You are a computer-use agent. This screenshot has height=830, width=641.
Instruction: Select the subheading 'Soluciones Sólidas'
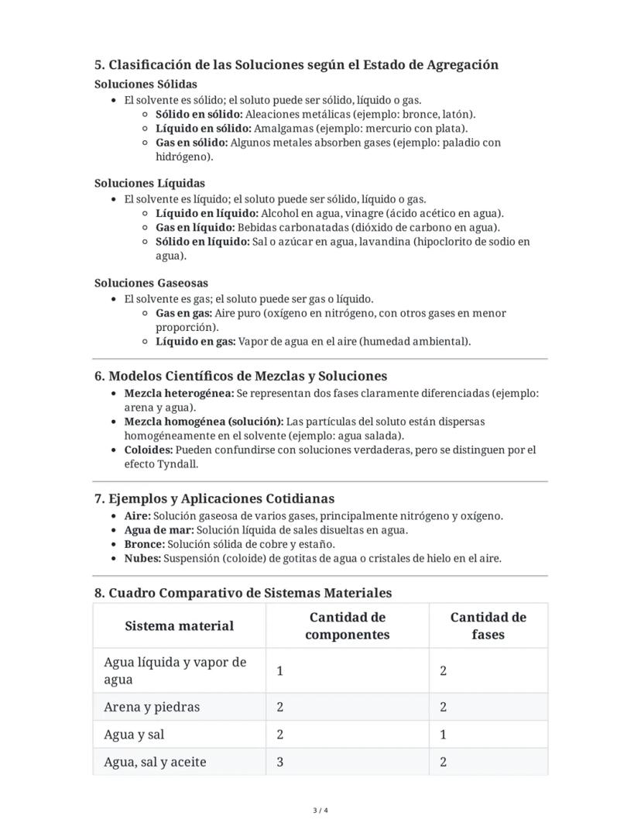pos(146,84)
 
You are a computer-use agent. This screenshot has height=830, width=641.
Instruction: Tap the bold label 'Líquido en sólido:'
pos(203,128)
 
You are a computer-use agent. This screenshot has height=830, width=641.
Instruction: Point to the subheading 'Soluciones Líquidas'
pos(149,184)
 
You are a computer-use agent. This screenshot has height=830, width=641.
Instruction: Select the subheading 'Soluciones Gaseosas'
pos(151,284)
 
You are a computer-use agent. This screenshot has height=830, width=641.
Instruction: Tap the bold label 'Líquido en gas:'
pos(195,341)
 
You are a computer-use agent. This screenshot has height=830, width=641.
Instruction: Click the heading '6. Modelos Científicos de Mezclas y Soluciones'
pos(240,377)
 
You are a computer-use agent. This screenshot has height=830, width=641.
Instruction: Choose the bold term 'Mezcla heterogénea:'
pos(179,393)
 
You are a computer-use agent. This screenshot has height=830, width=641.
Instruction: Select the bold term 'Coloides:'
pos(149,449)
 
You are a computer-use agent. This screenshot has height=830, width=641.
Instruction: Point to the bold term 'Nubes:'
pos(142,558)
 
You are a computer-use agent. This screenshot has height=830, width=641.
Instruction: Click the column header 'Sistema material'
pos(179,626)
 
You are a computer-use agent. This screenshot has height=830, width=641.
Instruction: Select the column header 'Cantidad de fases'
pos(488,626)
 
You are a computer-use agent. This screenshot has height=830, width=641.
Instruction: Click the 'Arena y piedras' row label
pos(152,707)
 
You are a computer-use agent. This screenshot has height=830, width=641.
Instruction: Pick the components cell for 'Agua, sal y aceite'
pos(280,762)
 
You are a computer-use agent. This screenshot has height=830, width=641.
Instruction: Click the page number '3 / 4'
pos(320,811)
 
